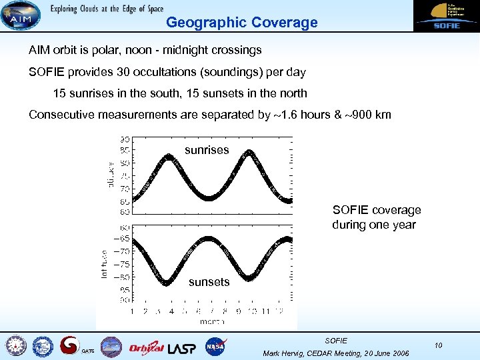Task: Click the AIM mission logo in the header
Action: point(20,15)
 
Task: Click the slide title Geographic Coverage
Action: point(241,23)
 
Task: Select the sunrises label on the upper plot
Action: point(207,150)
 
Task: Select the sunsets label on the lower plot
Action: point(209,282)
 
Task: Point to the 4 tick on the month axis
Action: point(171,311)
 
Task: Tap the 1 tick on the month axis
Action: point(131,311)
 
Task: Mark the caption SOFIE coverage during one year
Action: point(376,217)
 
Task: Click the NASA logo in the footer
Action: point(215,346)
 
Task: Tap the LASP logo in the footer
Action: point(182,347)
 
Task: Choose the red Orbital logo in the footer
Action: point(146,347)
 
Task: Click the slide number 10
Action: point(438,345)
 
